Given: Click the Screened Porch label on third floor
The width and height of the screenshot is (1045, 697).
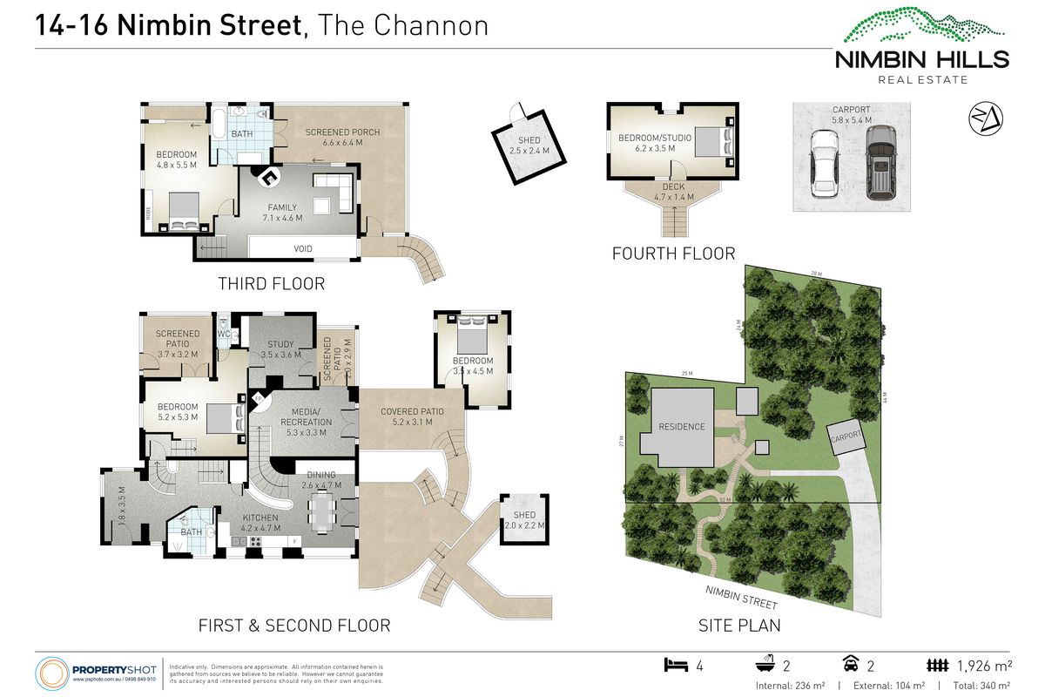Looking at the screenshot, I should point(342,138).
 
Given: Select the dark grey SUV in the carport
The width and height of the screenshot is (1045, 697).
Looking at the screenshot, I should point(880,159).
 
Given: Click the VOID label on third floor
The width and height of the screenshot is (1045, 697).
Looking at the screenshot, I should point(304,249).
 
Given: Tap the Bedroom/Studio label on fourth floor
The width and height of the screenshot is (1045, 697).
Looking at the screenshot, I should point(649,144).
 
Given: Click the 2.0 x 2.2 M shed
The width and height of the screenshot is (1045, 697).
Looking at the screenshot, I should point(524,520).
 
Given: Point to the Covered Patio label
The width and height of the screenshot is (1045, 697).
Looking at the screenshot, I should point(412,416).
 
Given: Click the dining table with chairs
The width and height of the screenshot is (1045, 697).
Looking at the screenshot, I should point(321,512).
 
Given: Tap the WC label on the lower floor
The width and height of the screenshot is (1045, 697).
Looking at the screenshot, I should point(223,334).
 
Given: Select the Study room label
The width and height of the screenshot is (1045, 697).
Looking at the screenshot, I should point(280,349).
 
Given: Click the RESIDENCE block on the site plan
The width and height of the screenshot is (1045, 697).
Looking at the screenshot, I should point(681,427).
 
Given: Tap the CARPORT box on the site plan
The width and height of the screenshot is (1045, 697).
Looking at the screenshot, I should point(846,436).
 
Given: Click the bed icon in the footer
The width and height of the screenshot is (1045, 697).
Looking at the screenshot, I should point(675,666).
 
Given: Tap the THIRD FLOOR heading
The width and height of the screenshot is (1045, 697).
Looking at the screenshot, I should point(271,284).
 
